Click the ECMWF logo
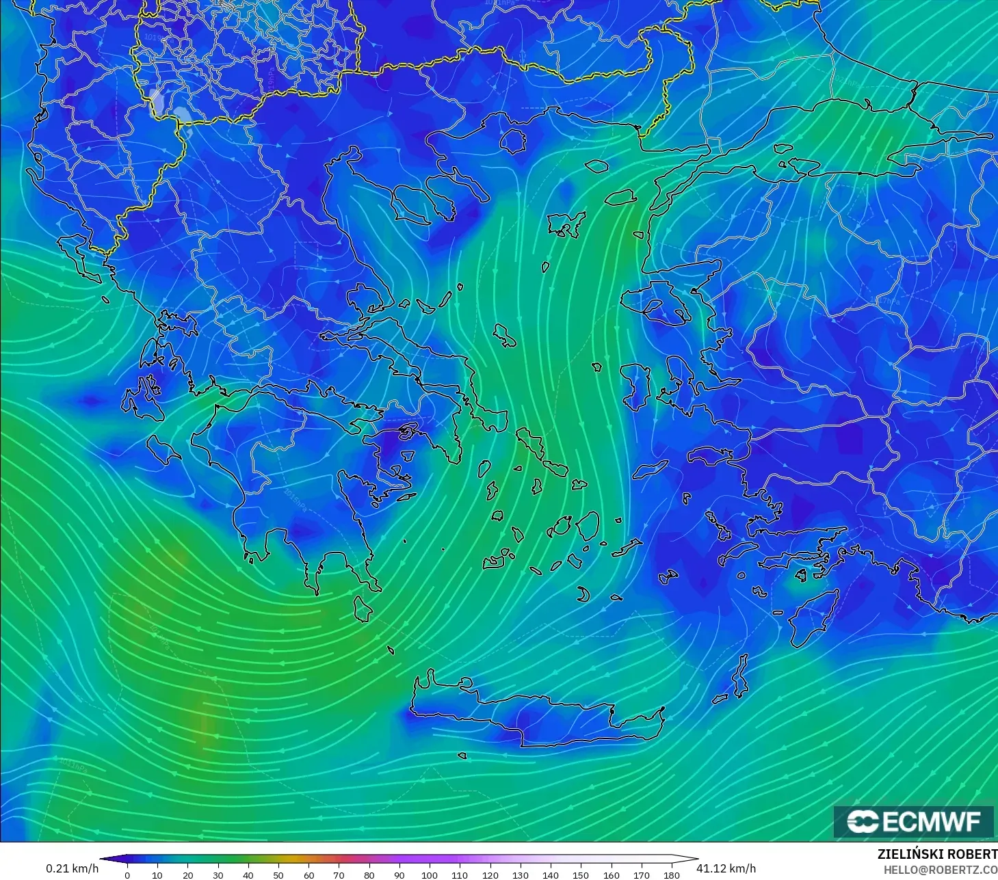click(913, 821)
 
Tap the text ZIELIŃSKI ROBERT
click(936, 855)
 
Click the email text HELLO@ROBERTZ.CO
click(940, 870)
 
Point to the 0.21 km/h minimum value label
click(72, 868)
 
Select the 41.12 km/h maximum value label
click(726, 868)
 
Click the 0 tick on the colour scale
click(127, 875)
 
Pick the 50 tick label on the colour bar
click(278, 875)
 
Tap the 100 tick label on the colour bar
click(430, 875)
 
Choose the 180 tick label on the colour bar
click(672, 875)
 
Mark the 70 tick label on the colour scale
click(339, 875)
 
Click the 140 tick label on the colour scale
click(551, 875)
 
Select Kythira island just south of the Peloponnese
click(363, 609)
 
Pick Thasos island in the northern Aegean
click(513, 140)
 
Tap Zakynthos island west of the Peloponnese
click(163, 450)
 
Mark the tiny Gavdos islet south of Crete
click(462, 756)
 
